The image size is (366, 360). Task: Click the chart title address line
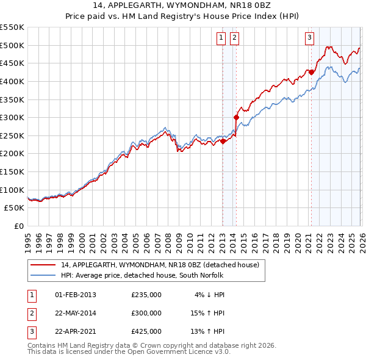coord(183,5)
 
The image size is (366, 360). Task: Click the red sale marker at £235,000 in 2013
coord(223,141)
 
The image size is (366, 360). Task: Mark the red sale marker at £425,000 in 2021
coord(311,72)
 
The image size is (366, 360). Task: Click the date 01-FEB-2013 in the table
coord(76,295)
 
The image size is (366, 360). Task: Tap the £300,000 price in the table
coord(146,313)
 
